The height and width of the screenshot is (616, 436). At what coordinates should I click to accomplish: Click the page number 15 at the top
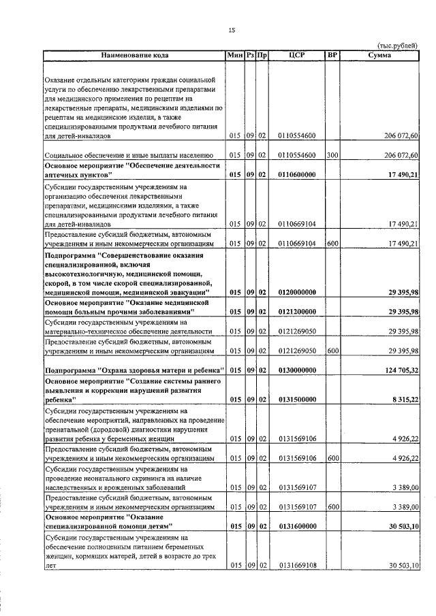(231, 30)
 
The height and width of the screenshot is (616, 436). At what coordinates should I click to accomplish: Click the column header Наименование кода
(135, 54)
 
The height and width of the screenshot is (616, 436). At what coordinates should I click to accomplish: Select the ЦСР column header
(296, 54)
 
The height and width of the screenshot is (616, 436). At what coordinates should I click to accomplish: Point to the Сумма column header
(379, 54)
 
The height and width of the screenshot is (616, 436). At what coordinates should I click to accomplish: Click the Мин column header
(235, 54)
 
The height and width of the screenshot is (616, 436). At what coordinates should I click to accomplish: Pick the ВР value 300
(332, 155)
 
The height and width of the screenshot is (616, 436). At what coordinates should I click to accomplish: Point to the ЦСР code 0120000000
(296, 292)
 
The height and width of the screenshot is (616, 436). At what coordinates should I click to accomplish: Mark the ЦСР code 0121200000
(296, 311)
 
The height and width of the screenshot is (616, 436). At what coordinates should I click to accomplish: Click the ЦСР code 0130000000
(296, 370)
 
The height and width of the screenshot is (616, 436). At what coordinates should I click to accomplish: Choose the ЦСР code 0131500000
(296, 401)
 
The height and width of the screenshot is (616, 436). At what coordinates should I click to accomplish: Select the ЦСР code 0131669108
(296, 566)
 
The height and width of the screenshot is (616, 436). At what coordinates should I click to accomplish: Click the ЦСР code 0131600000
(296, 526)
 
